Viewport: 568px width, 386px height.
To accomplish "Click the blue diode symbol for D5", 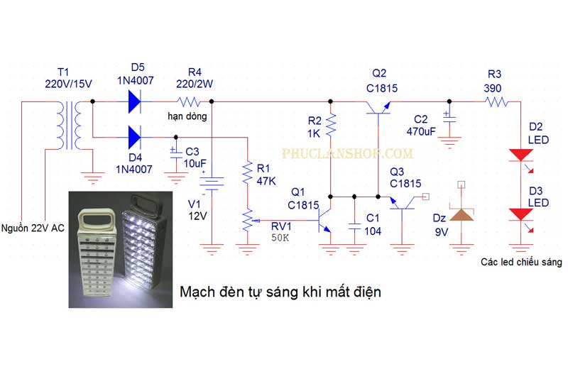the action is (x=135, y=101).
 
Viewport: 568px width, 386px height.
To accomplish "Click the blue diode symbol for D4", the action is (x=135, y=138).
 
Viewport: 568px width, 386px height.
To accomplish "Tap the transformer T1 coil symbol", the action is (x=68, y=126).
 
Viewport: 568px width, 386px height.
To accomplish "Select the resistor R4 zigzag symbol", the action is (x=187, y=101).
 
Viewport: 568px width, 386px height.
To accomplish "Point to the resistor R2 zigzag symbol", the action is (x=330, y=126).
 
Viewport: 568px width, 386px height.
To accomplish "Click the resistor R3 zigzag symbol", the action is (x=497, y=102).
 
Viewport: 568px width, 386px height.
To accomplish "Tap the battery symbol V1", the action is (x=212, y=183).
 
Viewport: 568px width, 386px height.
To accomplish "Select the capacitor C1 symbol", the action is (x=354, y=226).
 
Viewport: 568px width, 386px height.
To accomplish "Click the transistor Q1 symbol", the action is (x=323, y=220).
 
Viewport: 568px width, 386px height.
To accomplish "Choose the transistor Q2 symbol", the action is (x=378, y=109).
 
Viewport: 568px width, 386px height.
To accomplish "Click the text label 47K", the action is (x=266, y=181).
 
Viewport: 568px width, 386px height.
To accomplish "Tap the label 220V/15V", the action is (x=68, y=84).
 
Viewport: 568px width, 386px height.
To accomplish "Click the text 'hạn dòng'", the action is (x=187, y=116).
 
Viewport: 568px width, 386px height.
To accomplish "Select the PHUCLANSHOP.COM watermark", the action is (x=347, y=153).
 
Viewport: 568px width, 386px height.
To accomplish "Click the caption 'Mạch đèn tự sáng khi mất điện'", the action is (x=280, y=292).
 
